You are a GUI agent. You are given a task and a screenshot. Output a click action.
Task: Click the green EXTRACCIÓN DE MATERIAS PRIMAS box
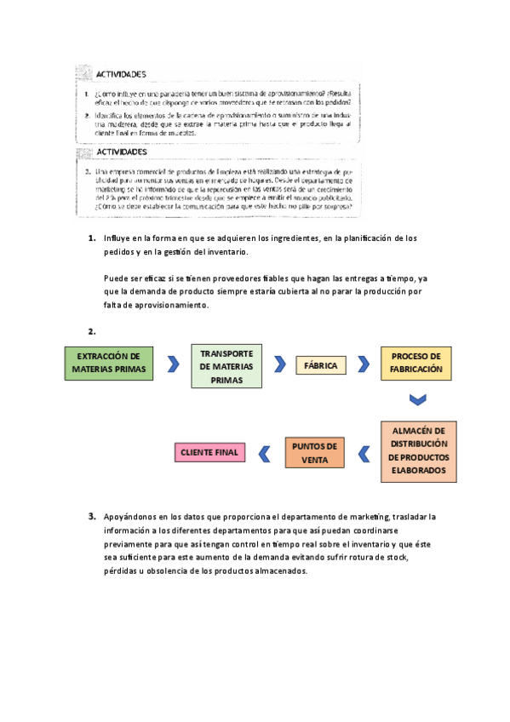click(107, 363)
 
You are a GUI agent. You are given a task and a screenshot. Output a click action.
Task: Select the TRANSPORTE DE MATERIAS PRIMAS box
click(226, 366)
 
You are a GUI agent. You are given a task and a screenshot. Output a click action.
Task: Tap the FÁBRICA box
click(320, 366)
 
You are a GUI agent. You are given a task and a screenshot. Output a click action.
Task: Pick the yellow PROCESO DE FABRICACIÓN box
click(416, 363)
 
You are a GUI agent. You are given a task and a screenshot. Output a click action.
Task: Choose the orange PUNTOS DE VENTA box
click(314, 452)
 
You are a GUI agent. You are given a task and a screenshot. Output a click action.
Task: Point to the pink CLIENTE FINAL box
click(209, 452)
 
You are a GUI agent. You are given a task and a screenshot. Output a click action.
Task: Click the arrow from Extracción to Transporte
click(173, 364)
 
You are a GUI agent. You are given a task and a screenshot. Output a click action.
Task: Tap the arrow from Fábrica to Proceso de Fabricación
click(364, 364)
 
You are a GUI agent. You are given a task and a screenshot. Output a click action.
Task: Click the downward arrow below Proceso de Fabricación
click(416, 399)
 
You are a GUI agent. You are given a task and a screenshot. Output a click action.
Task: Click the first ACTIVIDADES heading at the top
click(121, 75)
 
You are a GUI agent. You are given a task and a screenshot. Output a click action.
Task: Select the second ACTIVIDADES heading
click(121, 151)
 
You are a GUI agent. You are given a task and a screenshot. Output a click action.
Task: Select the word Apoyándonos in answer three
click(132, 516)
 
